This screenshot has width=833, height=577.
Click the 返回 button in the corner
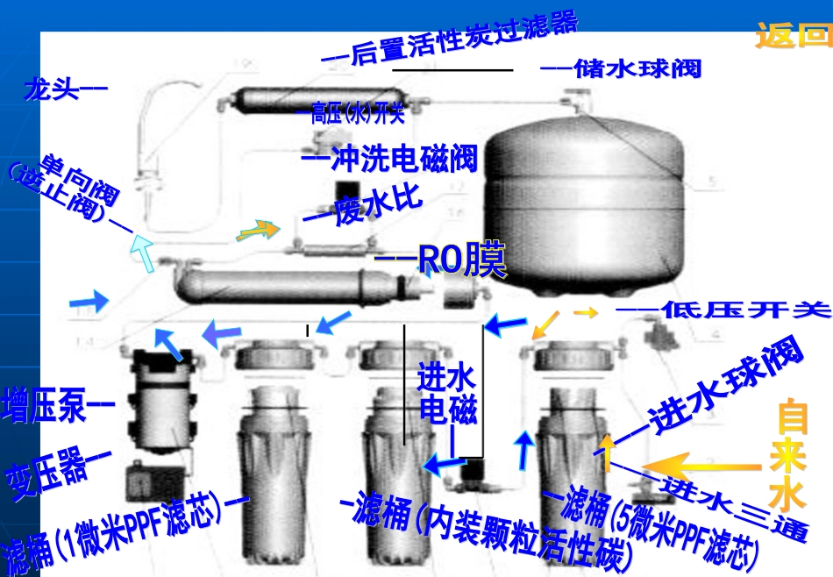click(793, 37)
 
